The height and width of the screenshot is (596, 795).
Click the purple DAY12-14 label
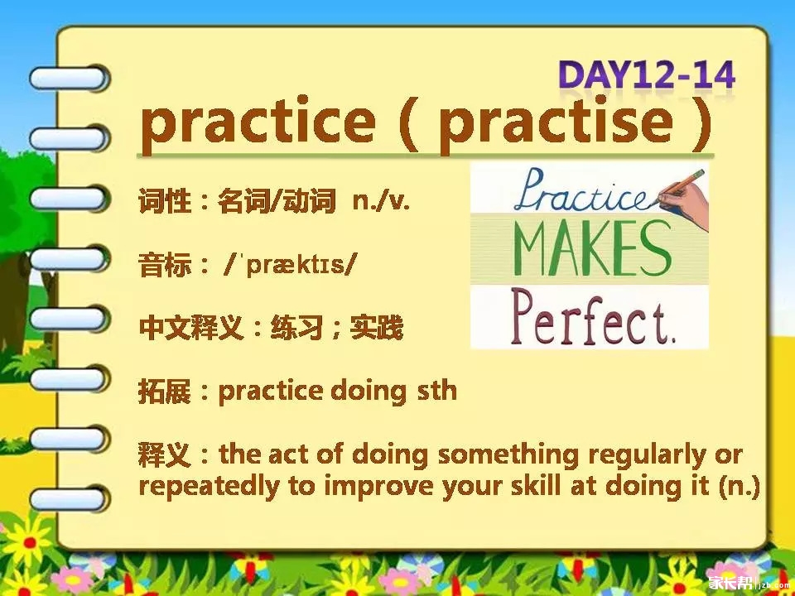tap(647, 76)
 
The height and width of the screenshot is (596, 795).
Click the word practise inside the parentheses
tap(556, 125)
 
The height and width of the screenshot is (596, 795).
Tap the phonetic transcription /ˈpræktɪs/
tap(290, 265)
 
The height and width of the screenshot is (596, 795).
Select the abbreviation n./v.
tap(381, 202)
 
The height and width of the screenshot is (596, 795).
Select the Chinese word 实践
tap(376, 328)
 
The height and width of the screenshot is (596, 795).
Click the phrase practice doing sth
tap(338, 392)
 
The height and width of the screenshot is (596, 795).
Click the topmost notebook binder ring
tap(69, 78)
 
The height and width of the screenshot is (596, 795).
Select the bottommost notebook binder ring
tap(69, 498)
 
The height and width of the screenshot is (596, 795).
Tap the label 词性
tap(165, 202)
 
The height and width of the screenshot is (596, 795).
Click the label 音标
tap(165, 265)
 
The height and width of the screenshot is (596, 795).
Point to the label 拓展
tap(165, 392)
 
